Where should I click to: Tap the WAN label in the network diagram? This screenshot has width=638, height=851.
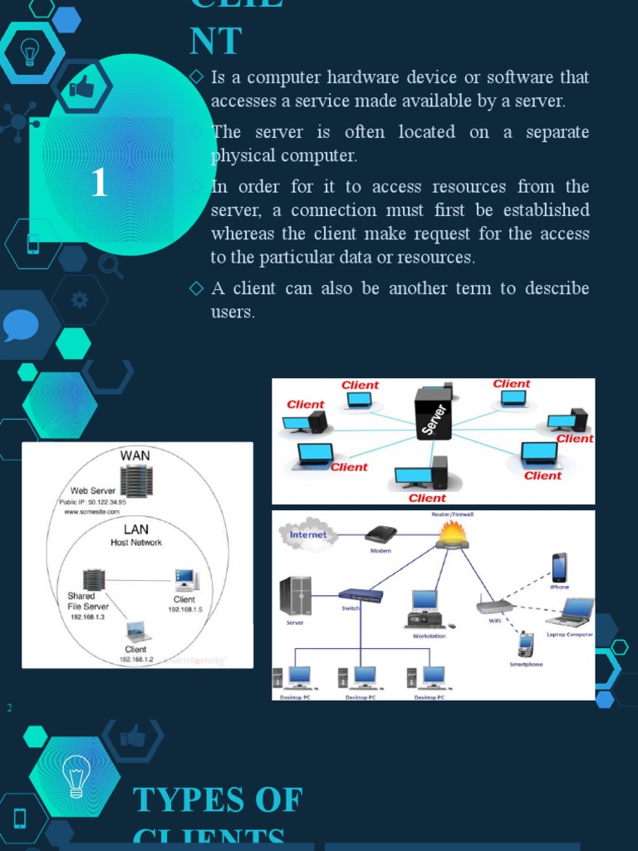pyautogui.click(x=136, y=455)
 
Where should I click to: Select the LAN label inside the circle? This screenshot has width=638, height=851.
pyautogui.click(x=136, y=529)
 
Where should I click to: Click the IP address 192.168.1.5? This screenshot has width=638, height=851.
pyautogui.click(x=185, y=609)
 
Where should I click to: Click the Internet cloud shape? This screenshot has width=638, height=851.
pyautogui.click(x=308, y=535)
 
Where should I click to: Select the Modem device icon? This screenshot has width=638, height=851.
pyautogui.click(x=380, y=534)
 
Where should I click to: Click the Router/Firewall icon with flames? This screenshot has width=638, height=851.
pyautogui.click(x=453, y=534)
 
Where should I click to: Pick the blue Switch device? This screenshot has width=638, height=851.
pyautogui.click(x=361, y=595)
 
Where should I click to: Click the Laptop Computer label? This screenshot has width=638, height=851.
pyautogui.click(x=569, y=634)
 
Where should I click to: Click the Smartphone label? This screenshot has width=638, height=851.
pyautogui.click(x=526, y=664)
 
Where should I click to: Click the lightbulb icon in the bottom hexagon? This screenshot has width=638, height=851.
pyautogui.click(x=76, y=776)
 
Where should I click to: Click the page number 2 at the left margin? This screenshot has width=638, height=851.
pyautogui.click(x=10, y=707)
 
